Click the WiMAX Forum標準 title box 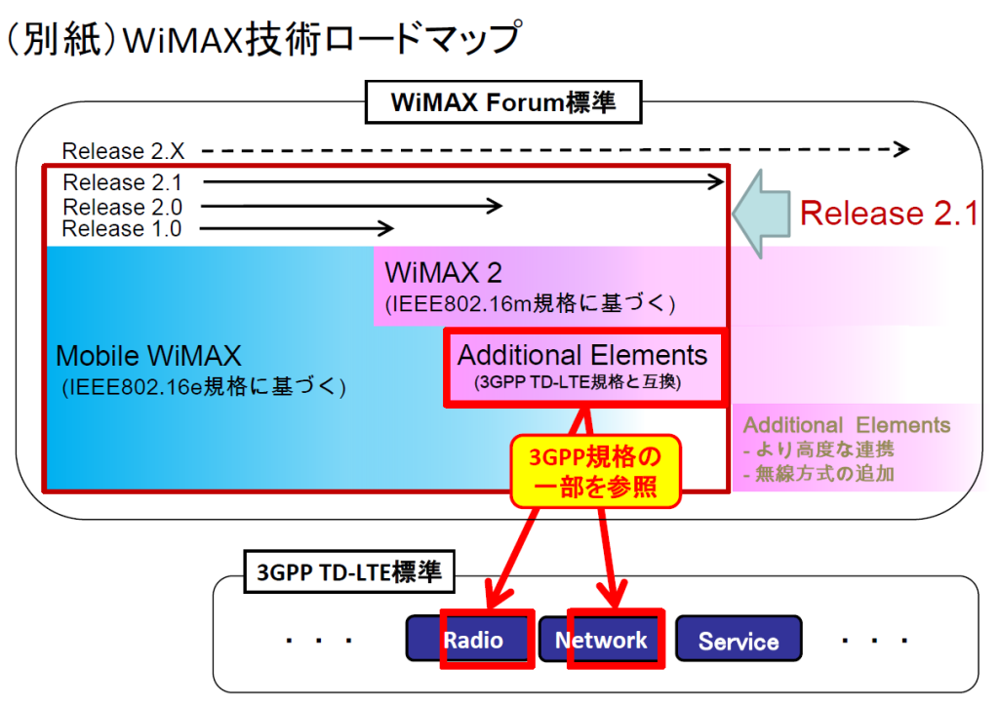point(503,102)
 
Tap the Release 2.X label point(116,151)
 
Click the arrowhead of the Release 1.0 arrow point(387,228)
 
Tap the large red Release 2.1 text point(888,214)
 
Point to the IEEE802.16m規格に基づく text point(530,303)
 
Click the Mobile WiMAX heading point(148,355)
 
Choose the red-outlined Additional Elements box point(582,367)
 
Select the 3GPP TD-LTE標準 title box point(348,572)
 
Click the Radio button point(473,640)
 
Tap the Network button point(601,640)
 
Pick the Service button point(739,641)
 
